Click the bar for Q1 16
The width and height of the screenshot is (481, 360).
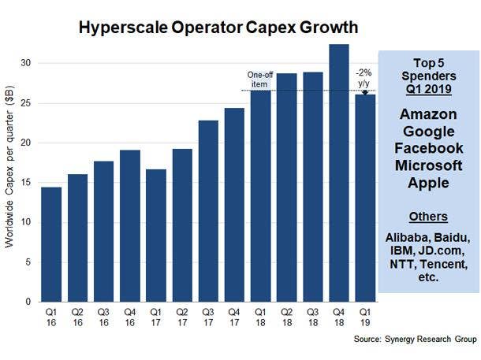point(51,244)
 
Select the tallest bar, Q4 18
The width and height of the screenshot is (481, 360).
point(338,173)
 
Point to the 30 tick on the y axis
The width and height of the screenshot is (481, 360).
point(29,63)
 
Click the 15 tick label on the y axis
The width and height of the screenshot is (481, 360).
point(29,183)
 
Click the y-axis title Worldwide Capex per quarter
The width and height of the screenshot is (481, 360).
point(10,182)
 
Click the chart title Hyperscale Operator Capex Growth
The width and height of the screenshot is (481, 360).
point(218,28)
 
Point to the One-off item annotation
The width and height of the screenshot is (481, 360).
point(259,79)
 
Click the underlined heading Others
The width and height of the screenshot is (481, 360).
point(429,217)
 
